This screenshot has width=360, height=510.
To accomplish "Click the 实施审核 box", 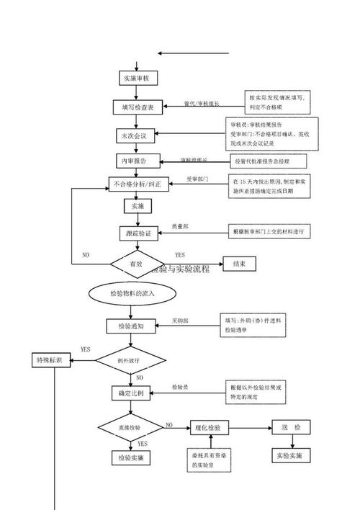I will (x=135, y=79).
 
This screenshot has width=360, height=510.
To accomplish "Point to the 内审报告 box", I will (x=135, y=160).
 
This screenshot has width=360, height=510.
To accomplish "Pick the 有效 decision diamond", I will (x=136, y=264).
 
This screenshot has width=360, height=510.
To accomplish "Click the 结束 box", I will (x=239, y=264).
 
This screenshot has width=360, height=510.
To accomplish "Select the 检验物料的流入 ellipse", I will (x=132, y=294).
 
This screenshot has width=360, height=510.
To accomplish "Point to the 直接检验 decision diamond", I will (x=130, y=428).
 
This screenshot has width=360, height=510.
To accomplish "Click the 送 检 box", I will (x=291, y=428).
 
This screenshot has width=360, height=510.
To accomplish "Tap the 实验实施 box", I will (x=291, y=457).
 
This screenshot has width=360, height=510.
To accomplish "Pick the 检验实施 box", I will (x=130, y=457).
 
